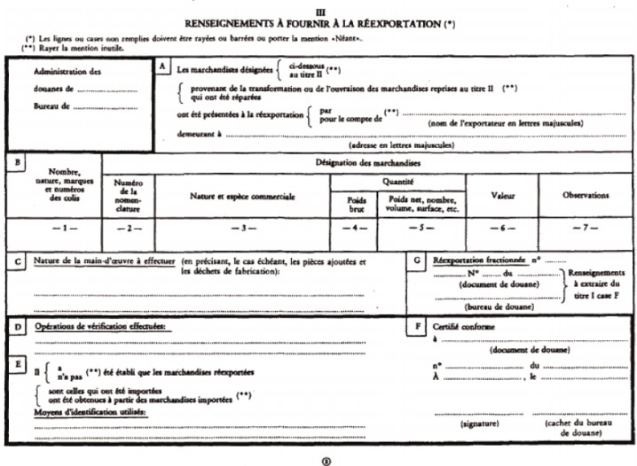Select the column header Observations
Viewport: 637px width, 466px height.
586,194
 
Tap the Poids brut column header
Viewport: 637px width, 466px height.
355,205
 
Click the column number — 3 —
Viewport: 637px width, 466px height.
243,229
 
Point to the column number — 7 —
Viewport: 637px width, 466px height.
586,229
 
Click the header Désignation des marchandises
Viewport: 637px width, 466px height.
367,163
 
